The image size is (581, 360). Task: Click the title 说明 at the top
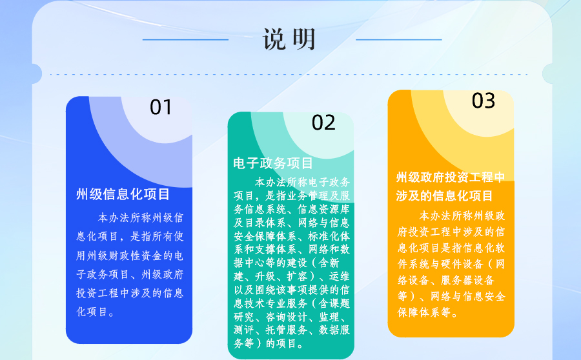pyautogui.click(x=289, y=39)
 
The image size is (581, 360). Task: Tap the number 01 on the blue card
pyautogui.click(x=161, y=107)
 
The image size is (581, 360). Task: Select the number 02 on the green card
pyautogui.click(x=323, y=123)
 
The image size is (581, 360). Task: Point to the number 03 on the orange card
pyautogui.click(x=483, y=101)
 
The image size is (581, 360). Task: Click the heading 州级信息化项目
pyautogui.click(x=123, y=194)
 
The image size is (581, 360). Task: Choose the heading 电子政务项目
pyautogui.click(x=273, y=163)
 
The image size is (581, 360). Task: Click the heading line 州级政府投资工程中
pyautogui.click(x=450, y=177)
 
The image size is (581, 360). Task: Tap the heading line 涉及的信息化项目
pyautogui.click(x=444, y=195)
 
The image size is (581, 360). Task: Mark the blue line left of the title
pyautogui.click(x=185, y=39)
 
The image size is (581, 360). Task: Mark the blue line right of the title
pyautogui.click(x=399, y=39)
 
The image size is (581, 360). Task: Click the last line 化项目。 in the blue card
pyautogui.click(x=96, y=312)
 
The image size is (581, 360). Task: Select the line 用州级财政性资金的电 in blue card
pyautogui.click(x=130, y=255)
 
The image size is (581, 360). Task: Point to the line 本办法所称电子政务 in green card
pyautogui.click(x=302, y=182)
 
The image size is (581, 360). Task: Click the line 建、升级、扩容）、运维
pyautogui.click(x=292, y=276)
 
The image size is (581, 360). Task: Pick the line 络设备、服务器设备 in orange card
pyautogui.click(x=445, y=280)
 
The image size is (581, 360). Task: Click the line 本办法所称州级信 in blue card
pyautogui.click(x=141, y=218)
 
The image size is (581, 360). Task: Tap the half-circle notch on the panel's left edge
pyautogui.click(x=37, y=74)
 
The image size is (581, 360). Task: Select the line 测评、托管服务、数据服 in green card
pyautogui.click(x=292, y=330)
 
